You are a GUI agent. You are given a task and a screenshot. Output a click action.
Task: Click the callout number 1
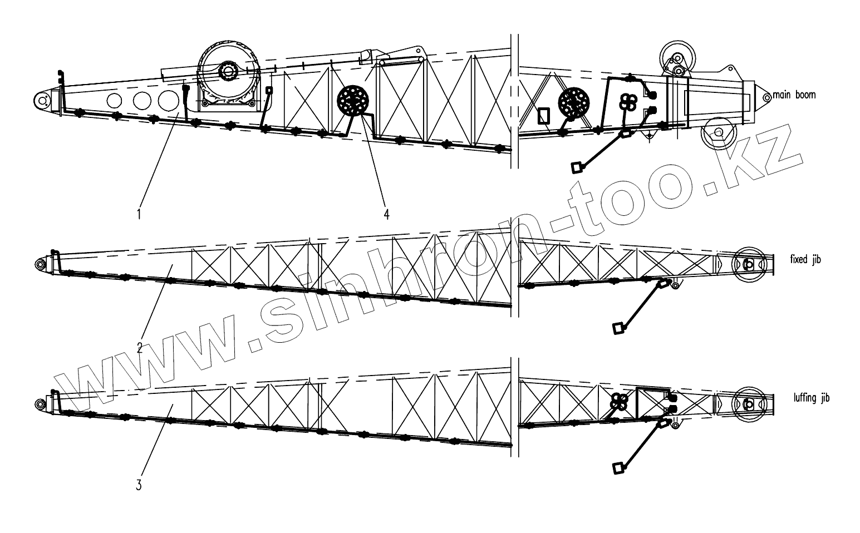pos(139,213)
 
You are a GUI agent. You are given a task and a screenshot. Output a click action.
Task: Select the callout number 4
pos(386,213)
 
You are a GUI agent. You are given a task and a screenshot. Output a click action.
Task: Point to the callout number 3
pos(139,484)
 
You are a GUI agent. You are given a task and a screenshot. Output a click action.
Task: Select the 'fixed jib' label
pos(805,260)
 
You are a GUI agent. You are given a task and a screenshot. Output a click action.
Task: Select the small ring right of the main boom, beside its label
pos(766,97)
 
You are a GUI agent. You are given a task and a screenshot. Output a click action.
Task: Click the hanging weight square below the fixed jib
pos(617,328)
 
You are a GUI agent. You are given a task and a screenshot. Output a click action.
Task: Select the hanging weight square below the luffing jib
pos(617,468)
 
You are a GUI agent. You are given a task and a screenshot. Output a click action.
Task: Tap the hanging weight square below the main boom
pos(578,166)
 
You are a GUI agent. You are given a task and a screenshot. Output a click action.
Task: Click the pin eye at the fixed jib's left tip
pos(41,263)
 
